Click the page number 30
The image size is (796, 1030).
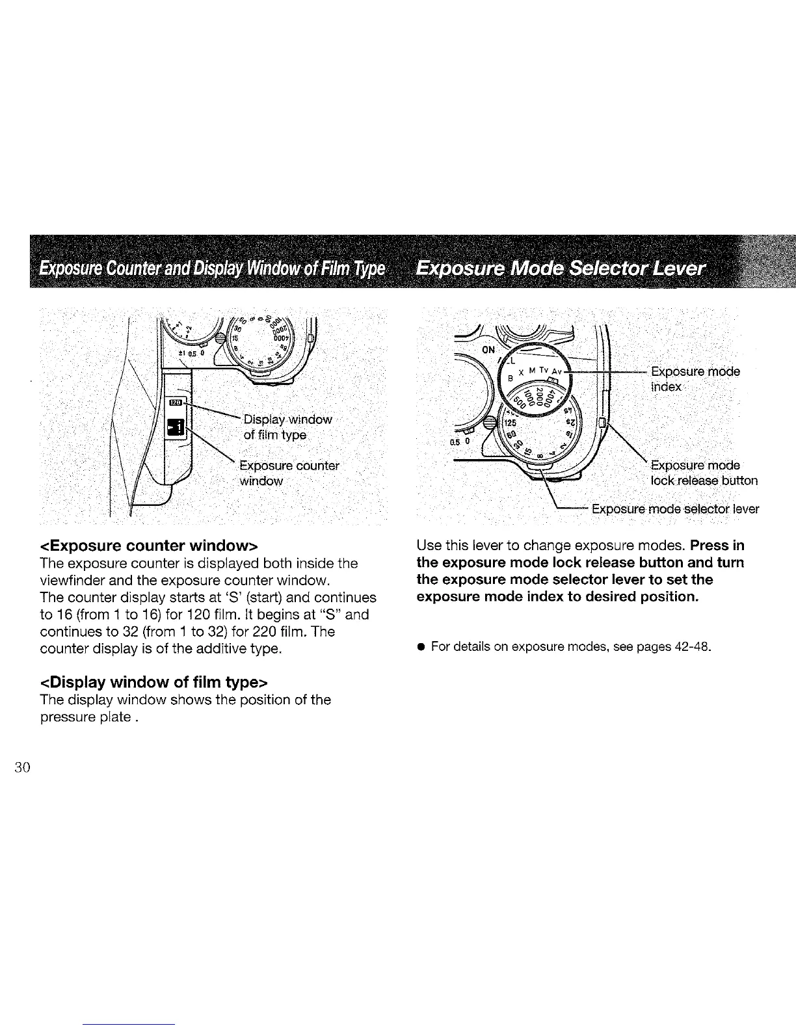click(22, 767)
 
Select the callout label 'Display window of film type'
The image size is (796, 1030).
click(287, 427)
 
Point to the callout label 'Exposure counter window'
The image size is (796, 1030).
click(289, 473)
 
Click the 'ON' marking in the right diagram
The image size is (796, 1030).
click(489, 349)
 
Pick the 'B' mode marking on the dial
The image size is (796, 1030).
click(511, 378)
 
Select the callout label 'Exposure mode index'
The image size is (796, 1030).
click(695, 379)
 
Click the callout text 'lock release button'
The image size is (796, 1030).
click(704, 481)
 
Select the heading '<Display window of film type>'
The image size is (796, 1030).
click(154, 682)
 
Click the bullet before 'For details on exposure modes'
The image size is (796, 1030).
click(421, 648)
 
